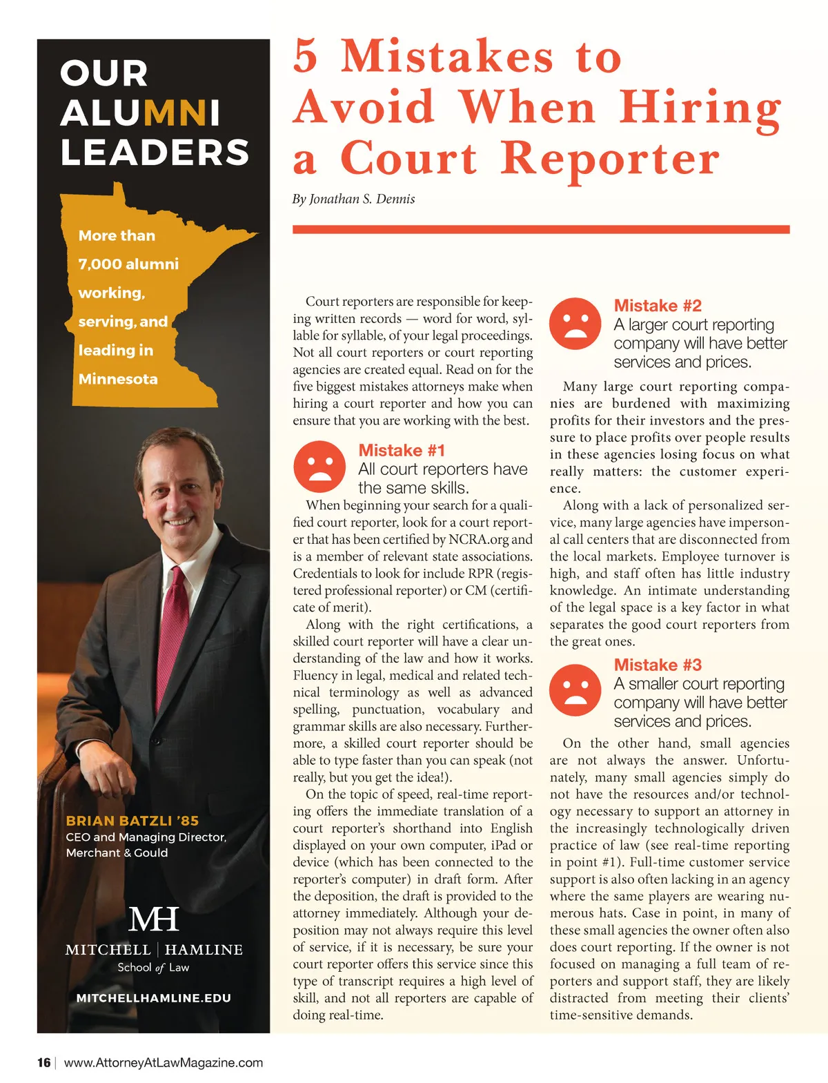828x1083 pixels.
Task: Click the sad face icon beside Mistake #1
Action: click(x=319, y=467)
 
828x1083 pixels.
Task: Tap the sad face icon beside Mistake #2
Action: click(x=575, y=323)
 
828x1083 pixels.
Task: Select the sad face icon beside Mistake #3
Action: click(x=575, y=690)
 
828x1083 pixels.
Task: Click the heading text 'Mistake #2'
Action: click(x=658, y=306)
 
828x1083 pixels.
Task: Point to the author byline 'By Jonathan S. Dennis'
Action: click(x=353, y=199)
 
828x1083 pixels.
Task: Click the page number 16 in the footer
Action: click(x=43, y=1062)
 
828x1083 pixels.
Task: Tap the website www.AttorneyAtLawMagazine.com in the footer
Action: click(x=164, y=1062)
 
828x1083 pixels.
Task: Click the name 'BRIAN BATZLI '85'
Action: click(x=132, y=821)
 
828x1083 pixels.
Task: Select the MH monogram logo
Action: click(x=153, y=919)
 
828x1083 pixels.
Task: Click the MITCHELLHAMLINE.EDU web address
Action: click(x=153, y=998)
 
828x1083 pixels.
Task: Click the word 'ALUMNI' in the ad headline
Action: click(x=140, y=113)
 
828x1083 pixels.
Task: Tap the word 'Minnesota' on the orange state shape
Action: click(x=118, y=379)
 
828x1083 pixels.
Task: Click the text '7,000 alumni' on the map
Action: click(x=128, y=264)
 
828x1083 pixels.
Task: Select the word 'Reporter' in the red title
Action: click(x=610, y=159)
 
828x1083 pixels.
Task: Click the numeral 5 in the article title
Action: click(x=306, y=56)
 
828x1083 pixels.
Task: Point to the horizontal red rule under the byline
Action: click(x=541, y=229)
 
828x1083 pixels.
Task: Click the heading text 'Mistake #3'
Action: click(x=658, y=665)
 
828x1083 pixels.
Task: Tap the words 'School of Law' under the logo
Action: click(x=153, y=968)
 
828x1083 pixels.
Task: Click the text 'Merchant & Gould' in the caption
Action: click(x=117, y=852)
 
